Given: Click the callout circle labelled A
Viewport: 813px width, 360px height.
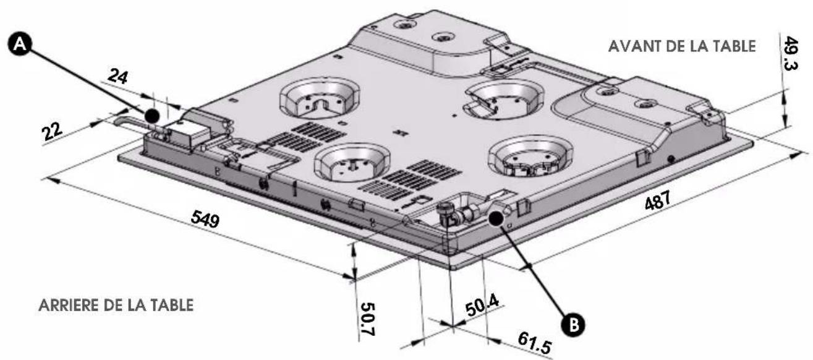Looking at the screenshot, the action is click(x=20, y=44).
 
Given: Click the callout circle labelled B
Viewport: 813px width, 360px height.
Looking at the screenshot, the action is click(x=573, y=324).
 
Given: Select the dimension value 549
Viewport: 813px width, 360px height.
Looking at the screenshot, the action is click(x=205, y=219).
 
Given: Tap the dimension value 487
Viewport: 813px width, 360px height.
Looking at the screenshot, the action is click(x=657, y=200).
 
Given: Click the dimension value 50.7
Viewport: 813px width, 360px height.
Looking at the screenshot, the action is click(x=367, y=319).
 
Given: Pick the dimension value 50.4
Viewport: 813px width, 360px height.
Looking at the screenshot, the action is click(x=483, y=306).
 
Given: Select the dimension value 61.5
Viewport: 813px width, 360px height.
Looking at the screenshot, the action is click(x=535, y=343).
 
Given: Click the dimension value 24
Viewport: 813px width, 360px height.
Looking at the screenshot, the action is click(x=118, y=77).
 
